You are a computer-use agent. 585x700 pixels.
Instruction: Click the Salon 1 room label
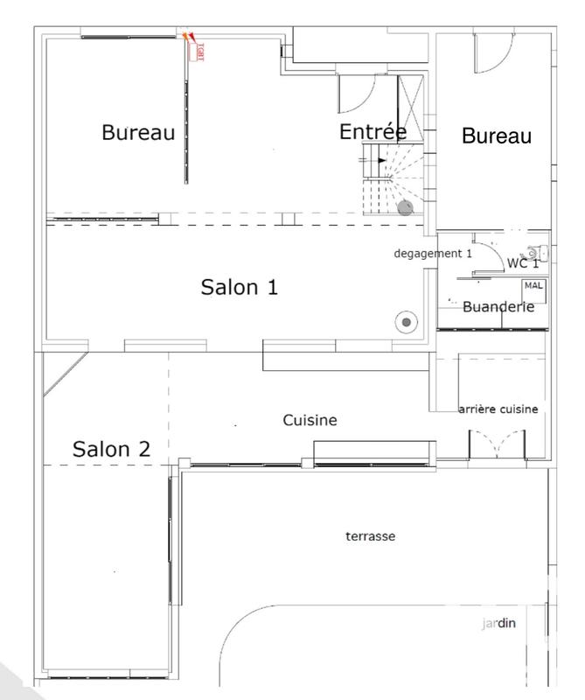click(x=240, y=288)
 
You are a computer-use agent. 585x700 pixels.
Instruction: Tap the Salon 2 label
click(x=111, y=450)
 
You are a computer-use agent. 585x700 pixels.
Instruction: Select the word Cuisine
click(x=310, y=421)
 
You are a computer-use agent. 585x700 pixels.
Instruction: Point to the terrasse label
click(x=371, y=536)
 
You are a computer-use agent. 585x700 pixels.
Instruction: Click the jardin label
click(x=499, y=624)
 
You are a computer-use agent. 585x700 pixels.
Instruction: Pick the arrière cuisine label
click(x=498, y=409)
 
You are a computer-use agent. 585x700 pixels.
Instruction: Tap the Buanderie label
click(x=498, y=307)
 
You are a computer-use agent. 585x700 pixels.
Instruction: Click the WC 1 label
click(x=523, y=263)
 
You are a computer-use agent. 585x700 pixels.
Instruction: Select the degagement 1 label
click(x=433, y=253)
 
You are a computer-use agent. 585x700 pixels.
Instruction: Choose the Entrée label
click(x=373, y=132)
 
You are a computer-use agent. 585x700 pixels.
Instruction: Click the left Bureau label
click(x=138, y=133)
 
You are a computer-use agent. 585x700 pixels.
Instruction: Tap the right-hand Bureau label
click(x=497, y=136)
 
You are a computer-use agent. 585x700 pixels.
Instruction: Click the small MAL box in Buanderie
click(x=533, y=286)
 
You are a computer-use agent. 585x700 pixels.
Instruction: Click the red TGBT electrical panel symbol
click(x=196, y=48)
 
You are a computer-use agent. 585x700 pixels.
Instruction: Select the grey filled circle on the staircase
click(x=405, y=207)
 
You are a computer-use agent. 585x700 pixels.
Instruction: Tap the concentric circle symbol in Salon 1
click(x=406, y=322)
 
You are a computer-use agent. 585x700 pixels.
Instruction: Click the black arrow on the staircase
click(x=381, y=160)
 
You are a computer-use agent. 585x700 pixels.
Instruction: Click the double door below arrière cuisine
click(x=496, y=444)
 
